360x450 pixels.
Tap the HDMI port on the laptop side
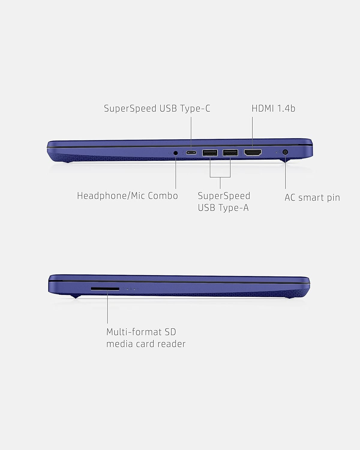(253, 153)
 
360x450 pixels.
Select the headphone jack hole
(176, 153)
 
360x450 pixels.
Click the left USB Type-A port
(210, 153)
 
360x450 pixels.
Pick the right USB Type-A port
(230, 153)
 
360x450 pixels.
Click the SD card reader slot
(105, 289)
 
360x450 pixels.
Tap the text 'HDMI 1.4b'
(273, 109)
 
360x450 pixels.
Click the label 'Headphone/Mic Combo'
(127, 196)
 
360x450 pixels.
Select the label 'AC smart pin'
(312, 198)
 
